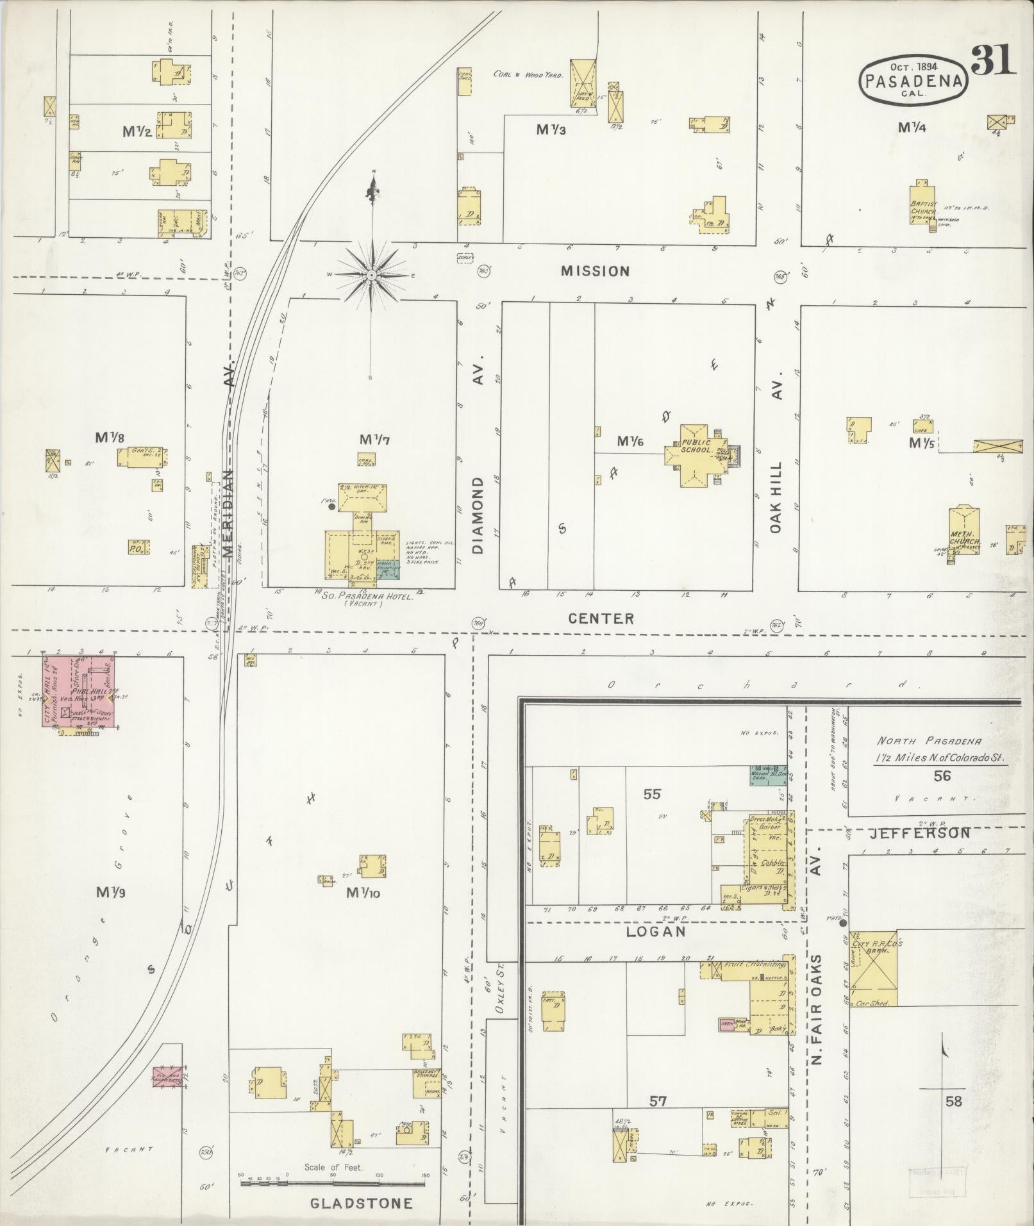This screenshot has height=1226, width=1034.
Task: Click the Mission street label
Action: pos(595,271)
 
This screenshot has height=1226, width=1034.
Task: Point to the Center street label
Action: pos(601,618)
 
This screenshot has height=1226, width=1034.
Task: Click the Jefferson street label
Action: pos(919,833)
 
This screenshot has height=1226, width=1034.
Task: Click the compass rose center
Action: pos(371,275)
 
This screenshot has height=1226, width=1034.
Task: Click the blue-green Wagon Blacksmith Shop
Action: pos(769,774)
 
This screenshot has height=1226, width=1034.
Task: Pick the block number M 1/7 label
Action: pos(374,440)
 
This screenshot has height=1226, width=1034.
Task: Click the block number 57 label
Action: pos(658,1102)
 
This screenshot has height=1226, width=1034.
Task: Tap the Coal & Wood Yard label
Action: pos(528,74)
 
